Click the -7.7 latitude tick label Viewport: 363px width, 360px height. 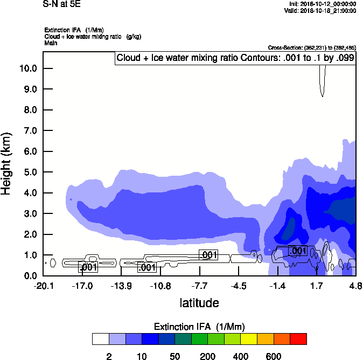199,285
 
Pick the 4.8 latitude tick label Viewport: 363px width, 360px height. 355,285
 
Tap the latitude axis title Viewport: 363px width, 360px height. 199,303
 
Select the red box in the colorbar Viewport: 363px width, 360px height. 298,339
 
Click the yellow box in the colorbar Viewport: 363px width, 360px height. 249,339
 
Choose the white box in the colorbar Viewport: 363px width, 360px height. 100,339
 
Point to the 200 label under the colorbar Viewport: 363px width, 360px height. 207,356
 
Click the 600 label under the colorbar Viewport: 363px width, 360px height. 274,356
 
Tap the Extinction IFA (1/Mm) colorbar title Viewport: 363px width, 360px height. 199,327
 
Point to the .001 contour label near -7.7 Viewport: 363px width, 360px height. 208,254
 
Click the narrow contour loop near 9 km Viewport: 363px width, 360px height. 322,81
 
